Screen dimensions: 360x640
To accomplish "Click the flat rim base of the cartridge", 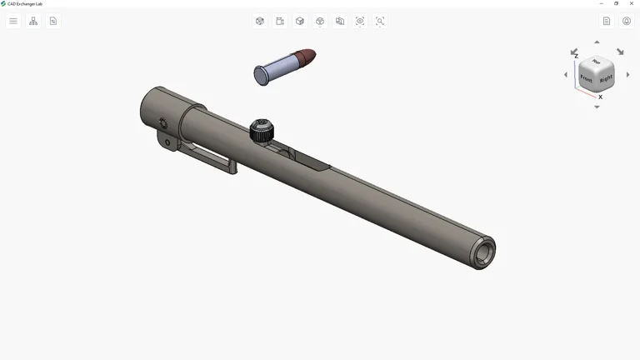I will pos(259,76).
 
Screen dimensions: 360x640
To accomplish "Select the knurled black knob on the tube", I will pos(262,130).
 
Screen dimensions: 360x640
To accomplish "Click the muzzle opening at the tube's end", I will pos(483,252).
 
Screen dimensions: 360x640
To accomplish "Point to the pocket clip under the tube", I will pos(208,156).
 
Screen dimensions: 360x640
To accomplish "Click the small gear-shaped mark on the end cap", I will pos(163,123).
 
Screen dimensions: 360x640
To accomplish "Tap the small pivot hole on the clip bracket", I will pos(167,142).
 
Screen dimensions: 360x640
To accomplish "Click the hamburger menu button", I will pos(13,21).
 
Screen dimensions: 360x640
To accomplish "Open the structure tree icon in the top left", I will pos(33,21).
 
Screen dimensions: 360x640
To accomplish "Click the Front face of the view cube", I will pos(587,78).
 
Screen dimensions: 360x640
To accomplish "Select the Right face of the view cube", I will pos(606,79).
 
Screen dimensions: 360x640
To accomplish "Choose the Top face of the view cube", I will pos(597,62).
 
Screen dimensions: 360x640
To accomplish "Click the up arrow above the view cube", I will pos(597,42).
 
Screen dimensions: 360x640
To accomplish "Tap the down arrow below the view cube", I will pos(597,107).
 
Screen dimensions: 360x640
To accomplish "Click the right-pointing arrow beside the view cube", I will pos(627,75).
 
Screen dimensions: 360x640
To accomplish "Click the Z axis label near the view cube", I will pos(576,56).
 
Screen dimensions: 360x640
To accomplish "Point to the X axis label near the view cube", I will pos(600,97).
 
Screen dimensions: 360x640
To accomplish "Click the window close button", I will pos(631,3).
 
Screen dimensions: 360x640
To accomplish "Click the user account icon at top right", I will pos(627,21).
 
